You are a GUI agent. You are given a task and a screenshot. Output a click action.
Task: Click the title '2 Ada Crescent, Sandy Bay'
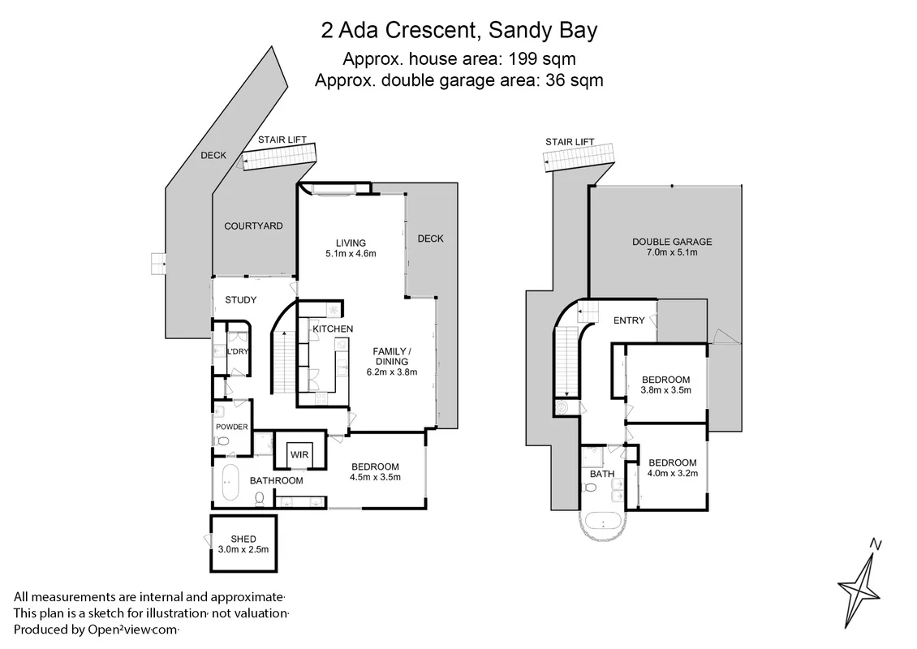[458, 32]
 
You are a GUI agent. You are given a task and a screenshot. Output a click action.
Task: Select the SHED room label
[243, 539]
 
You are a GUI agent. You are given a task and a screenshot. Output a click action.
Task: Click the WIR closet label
[299, 455]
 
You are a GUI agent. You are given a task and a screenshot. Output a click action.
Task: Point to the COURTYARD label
[253, 226]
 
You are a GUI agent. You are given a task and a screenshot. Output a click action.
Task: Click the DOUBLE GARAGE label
[671, 242]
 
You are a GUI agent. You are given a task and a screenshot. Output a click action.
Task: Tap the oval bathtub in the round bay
[603, 522]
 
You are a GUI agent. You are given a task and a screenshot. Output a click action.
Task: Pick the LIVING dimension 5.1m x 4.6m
[351, 254]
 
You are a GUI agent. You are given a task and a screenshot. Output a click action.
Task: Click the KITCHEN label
[333, 329]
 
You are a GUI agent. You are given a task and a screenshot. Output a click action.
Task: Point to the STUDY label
[240, 300]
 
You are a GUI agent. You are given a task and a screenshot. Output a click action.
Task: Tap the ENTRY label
[629, 320]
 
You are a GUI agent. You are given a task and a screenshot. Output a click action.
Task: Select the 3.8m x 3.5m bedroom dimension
[665, 390]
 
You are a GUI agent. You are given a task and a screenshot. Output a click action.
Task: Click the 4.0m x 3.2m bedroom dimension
[671, 473]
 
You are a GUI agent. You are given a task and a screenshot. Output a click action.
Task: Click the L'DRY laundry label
[238, 351]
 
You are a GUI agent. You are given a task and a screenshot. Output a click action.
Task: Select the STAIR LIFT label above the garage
[569, 142]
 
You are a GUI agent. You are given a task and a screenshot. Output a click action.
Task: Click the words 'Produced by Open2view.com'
[96, 629]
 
